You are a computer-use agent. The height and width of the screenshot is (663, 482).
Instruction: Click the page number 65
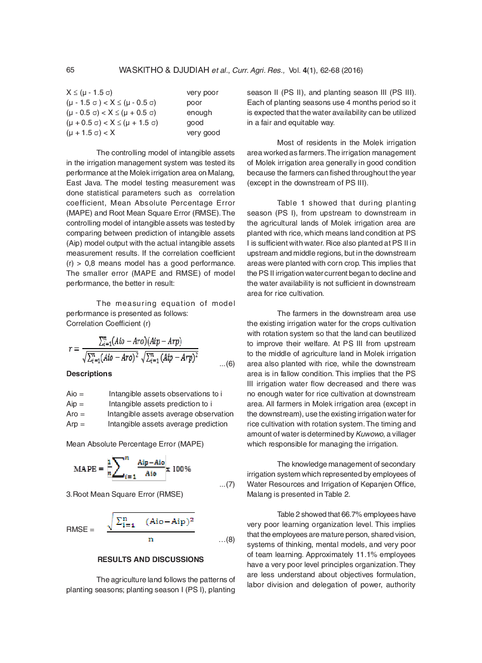(70, 70)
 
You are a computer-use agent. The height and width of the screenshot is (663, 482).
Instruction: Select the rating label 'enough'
(199, 113)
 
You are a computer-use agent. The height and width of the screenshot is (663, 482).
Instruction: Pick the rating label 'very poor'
(202, 92)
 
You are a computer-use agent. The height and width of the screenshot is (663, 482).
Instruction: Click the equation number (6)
(227, 364)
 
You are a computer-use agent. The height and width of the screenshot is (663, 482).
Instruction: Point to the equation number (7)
(227, 484)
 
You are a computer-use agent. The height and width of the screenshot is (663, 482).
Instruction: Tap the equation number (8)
(227, 539)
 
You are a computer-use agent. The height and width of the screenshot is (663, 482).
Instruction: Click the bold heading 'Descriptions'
(89, 374)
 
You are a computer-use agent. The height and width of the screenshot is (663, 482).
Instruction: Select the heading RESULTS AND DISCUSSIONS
(151, 560)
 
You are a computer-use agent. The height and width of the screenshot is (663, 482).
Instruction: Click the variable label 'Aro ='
(75, 414)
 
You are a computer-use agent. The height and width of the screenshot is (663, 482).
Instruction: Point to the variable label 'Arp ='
(75, 424)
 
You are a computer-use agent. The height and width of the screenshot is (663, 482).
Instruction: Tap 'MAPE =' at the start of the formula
(88, 469)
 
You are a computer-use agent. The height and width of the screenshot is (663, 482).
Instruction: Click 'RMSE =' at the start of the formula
(80, 529)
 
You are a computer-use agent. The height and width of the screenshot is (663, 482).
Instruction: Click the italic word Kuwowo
(370, 434)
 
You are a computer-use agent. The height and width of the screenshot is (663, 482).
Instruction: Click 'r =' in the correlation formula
(73, 348)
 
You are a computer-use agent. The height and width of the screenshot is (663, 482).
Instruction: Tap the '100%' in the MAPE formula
(182, 469)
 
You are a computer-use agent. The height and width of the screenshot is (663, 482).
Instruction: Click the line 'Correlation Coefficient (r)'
(108, 323)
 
